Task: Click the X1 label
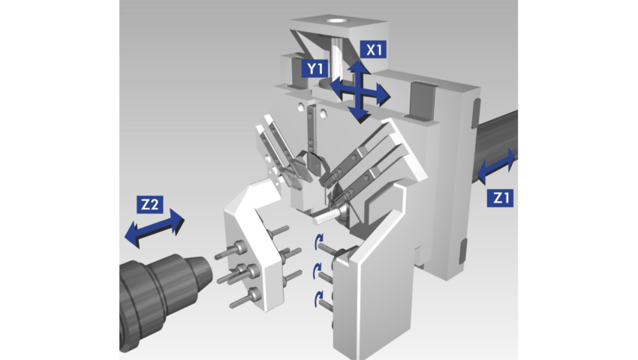(x=373, y=49)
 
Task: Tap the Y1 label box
(x=315, y=68)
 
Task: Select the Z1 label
(x=500, y=198)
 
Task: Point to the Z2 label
(x=149, y=204)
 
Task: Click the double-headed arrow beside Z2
(x=154, y=228)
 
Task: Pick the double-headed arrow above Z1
(x=496, y=166)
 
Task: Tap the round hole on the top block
(x=337, y=19)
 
